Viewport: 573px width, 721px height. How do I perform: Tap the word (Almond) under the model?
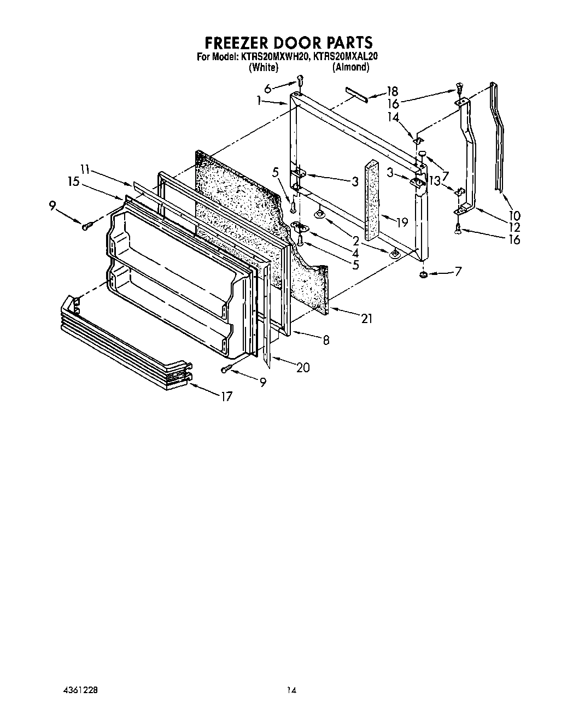pos(350,67)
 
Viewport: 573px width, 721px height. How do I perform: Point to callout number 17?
pos(226,397)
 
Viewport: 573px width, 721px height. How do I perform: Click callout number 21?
pos(366,318)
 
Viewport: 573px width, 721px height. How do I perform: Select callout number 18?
pos(392,92)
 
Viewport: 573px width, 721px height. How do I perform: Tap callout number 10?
pos(514,215)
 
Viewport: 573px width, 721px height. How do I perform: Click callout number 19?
pos(402,222)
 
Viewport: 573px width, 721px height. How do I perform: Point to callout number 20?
pos(302,368)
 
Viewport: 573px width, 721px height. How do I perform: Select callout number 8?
pos(326,340)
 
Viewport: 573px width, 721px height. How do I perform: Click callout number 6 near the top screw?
pos(267,89)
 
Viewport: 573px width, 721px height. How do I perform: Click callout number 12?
pos(514,227)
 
